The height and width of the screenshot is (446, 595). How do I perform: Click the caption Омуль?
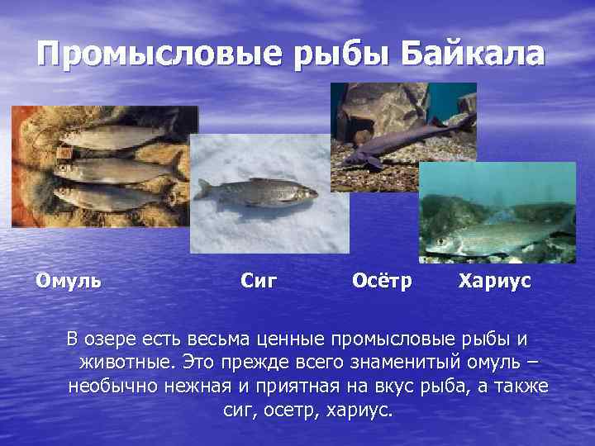[x=69, y=280]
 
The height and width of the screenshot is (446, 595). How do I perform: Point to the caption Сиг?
[x=258, y=281]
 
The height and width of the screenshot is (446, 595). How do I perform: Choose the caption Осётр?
[x=381, y=281]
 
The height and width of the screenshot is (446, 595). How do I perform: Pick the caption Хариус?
[x=495, y=281]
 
